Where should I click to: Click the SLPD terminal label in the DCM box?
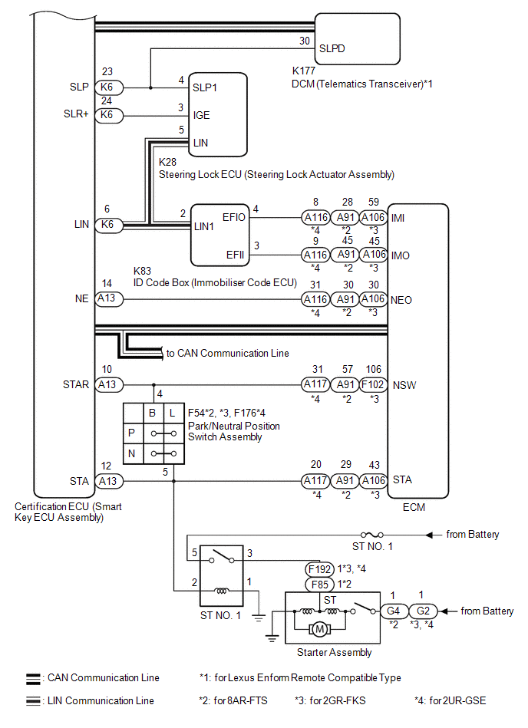click(332, 48)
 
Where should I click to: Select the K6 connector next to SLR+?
click(109, 115)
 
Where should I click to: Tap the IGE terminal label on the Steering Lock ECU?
click(201, 115)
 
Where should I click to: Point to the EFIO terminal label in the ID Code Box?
click(233, 217)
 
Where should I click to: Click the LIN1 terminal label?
click(204, 226)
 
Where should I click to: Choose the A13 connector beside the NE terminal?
click(109, 299)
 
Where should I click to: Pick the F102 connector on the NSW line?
click(374, 384)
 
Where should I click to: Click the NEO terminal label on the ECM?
click(401, 301)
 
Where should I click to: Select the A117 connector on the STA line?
click(315, 481)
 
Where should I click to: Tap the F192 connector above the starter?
click(320, 569)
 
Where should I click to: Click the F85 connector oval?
click(320, 585)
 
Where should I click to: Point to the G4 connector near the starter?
click(394, 611)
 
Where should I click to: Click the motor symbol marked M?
click(319, 630)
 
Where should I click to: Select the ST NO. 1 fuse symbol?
click(372, 535)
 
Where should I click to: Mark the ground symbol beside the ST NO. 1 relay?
click(259, 618)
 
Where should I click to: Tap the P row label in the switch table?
click(132, 433)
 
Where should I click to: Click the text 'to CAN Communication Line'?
click(227, 354)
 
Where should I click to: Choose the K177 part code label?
click(304, 71)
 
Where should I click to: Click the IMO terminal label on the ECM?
click(401, 255)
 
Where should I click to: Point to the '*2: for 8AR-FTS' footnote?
click(233, 700)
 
